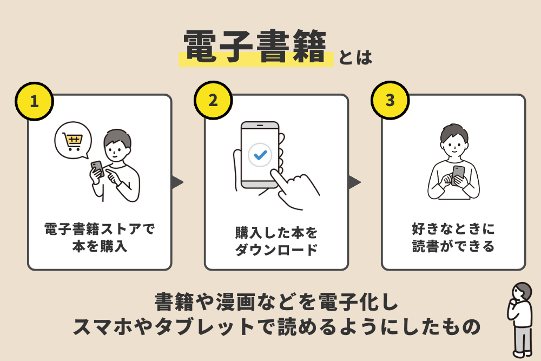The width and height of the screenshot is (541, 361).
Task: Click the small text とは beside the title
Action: [x=355, y=57]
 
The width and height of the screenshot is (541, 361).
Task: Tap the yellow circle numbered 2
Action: [x=213, y=101]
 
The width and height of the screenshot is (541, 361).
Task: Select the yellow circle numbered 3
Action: [x=390, y=101]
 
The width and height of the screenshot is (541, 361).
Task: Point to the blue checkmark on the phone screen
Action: [x=260, y=155]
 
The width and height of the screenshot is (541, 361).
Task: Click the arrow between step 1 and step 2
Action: [x=177, y=182]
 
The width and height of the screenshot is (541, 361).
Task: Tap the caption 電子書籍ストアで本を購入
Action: [x=100, y=237]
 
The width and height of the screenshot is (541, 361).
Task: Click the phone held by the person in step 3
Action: [x=458, y=174]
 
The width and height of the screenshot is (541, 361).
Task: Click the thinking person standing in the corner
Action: [x=520, y=319]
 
